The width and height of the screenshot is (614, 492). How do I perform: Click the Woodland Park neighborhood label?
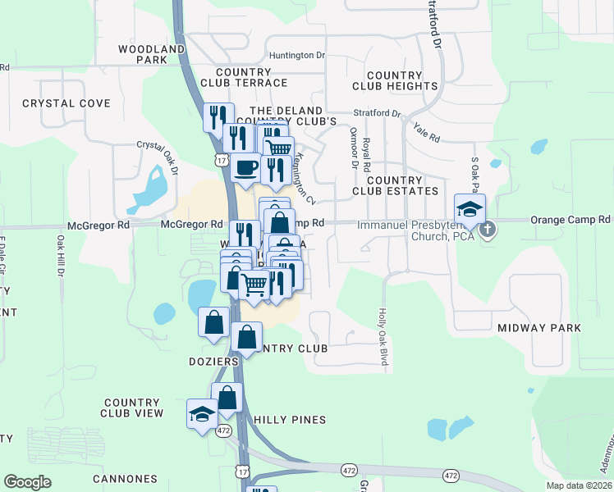click(x=152, y=55)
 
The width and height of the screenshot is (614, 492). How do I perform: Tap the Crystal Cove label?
click(x=66, y=103)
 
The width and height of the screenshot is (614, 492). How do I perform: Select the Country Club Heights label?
click(x=394, y=80)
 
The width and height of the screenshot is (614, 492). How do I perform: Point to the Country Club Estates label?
click(x=402, y=185)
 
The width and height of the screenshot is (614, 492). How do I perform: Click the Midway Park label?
click(x=539, y=328)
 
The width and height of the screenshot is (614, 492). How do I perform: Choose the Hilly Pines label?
click(x=290, y=420)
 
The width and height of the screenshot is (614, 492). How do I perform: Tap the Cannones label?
click(x=125, y=479)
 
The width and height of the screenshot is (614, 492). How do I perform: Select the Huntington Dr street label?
click(x=297, y=56)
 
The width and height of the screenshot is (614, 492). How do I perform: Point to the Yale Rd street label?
click(x=428, y=129)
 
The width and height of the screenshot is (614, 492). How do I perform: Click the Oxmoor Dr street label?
click(x=355, y=148)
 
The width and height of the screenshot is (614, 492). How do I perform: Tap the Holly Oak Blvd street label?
click(x=383, y=336)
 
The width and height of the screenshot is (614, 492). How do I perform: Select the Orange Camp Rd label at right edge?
click(x=570, y=220)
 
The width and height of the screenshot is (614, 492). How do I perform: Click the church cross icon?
click(x=488, y=229)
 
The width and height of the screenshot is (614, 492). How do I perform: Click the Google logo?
click(x=28, y=482)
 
